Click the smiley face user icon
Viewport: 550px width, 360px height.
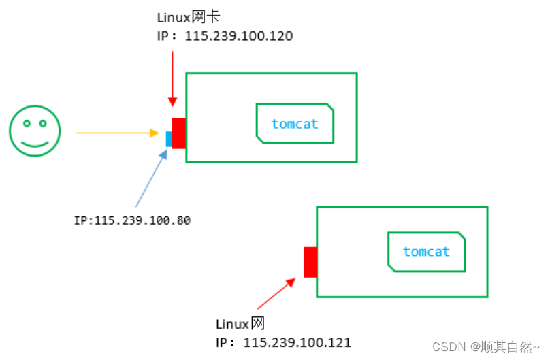[35, 130]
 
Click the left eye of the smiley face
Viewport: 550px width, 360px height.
[27, 123]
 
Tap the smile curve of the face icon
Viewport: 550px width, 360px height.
[35, 142]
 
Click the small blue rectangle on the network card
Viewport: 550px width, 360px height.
[169, 139]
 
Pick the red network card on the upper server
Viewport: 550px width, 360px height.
[179, 133]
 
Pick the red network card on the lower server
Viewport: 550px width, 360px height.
[310, 262]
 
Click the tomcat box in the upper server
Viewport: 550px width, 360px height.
[295, 124]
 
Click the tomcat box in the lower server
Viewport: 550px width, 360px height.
[426, 252]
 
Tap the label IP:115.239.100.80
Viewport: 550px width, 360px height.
[132, 220]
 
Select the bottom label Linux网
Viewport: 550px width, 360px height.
[239, 324]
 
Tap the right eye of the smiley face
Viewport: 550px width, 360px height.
[43, 123]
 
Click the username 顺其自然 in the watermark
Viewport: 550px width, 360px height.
[508, 346]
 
